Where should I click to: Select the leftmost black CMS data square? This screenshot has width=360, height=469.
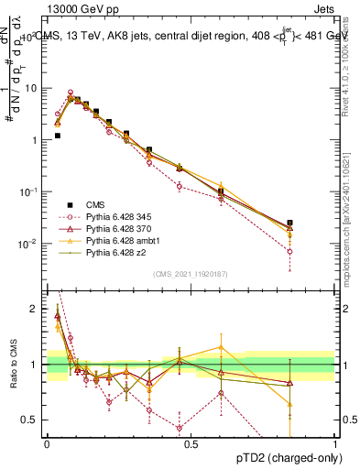coord(57,136)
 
